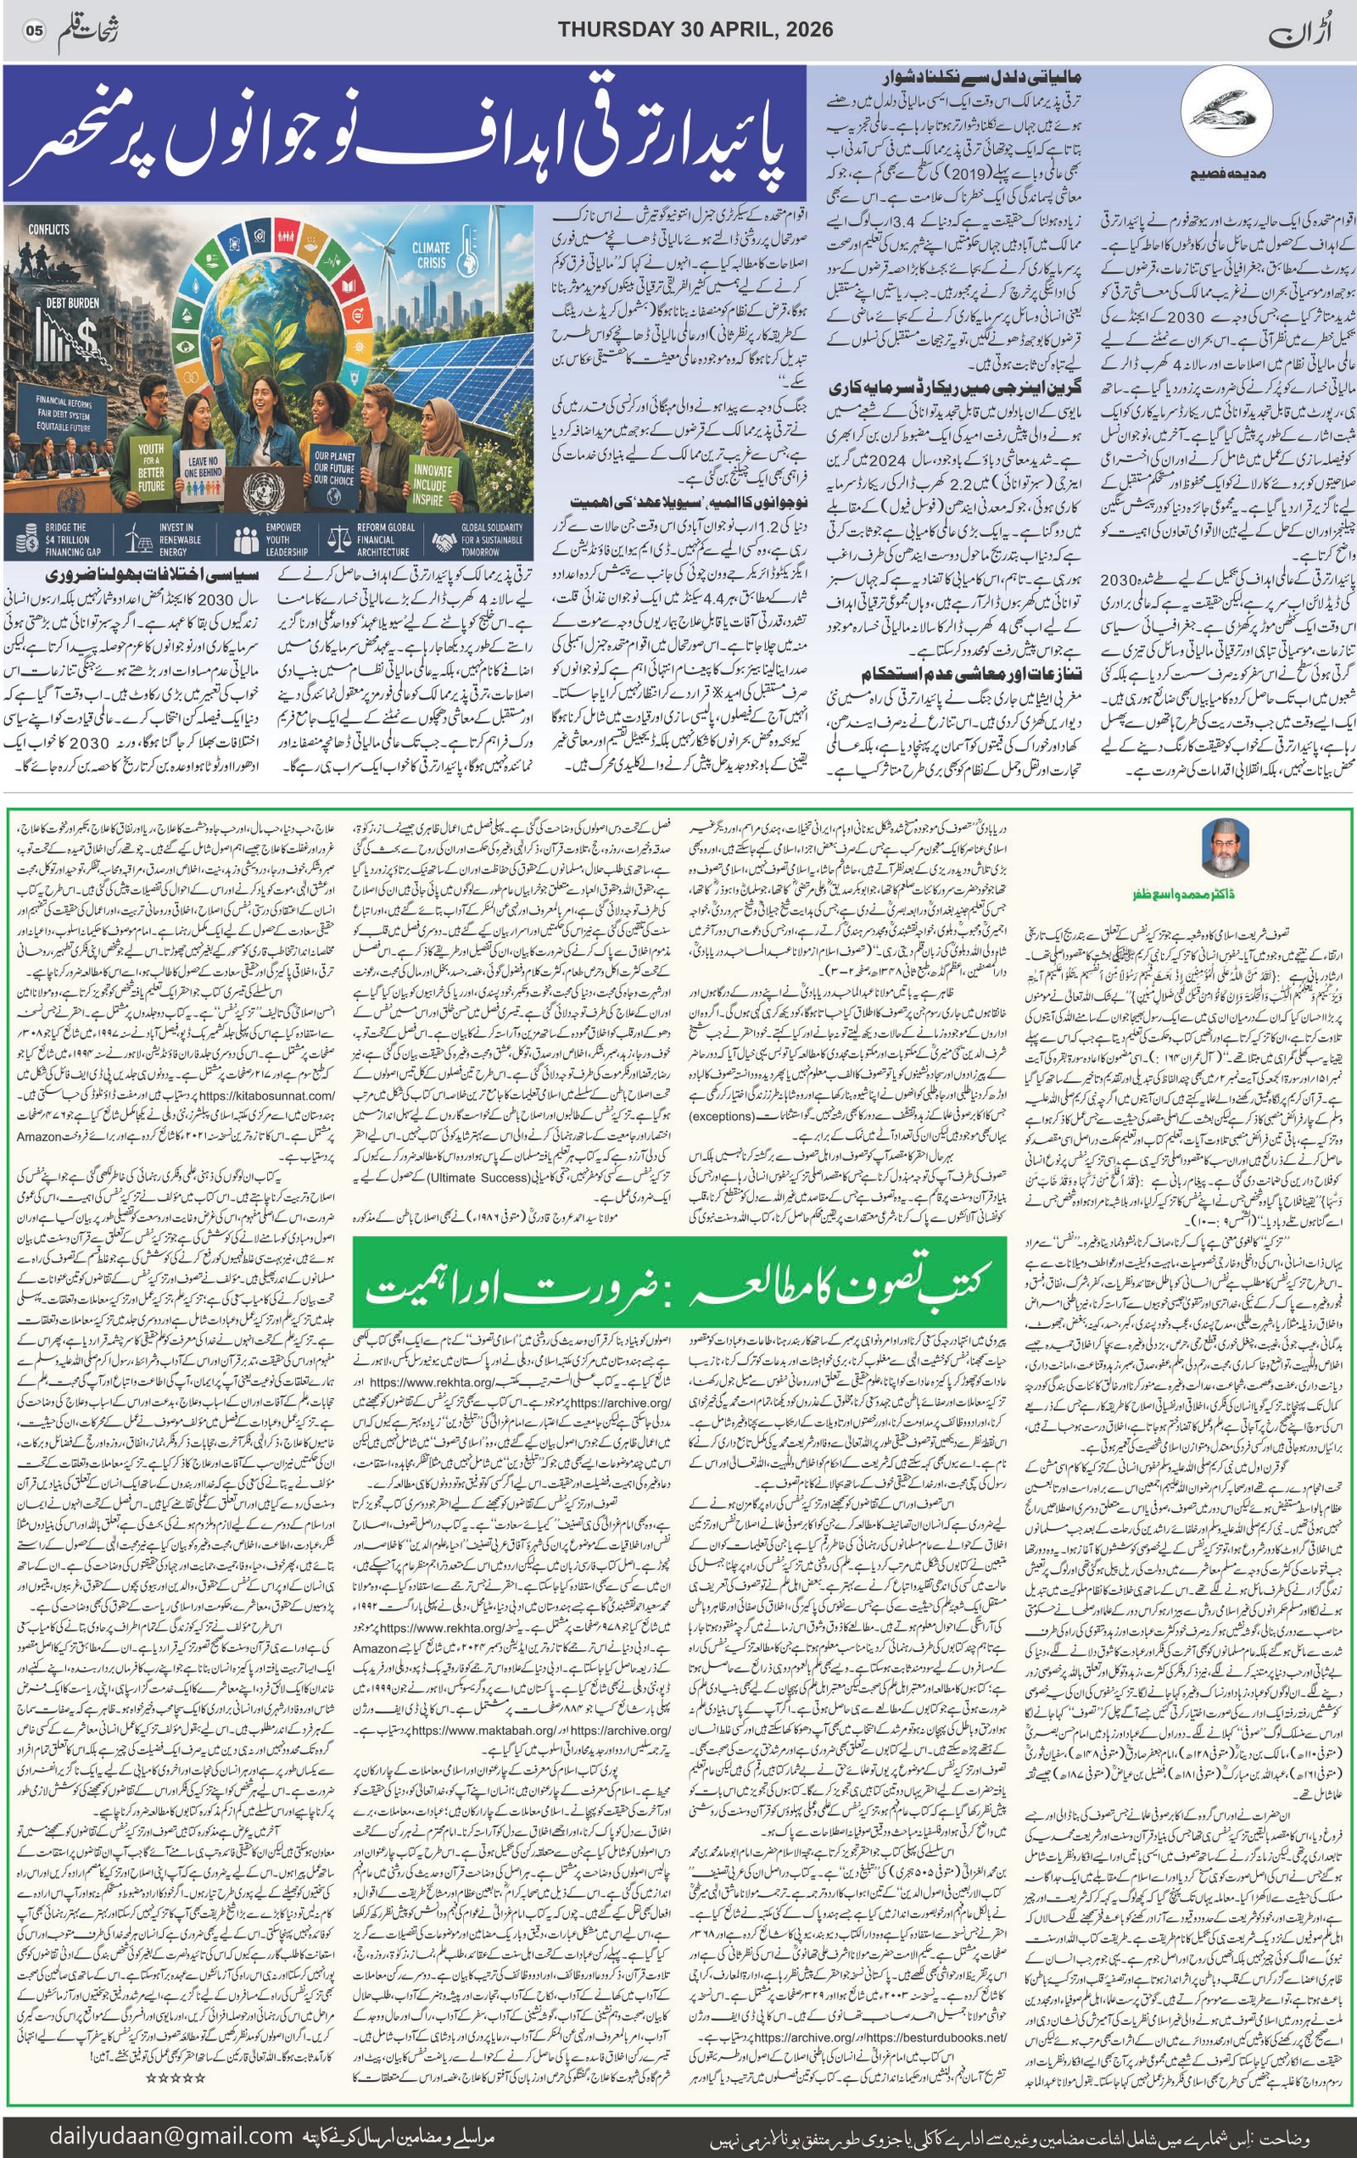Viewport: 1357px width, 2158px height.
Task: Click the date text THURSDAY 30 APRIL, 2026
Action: click(x=695, y=30)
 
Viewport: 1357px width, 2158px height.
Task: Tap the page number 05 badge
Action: click(x=34, y=31)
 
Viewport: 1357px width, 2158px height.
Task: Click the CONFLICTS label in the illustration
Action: click(x=48, y=230)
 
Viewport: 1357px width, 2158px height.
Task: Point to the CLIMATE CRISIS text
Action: click(x=431, y=254)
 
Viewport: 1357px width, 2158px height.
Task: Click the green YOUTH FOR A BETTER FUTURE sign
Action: click(x=151, y=467)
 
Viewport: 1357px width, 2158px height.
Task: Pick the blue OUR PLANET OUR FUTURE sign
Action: click(x=334, y=468)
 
